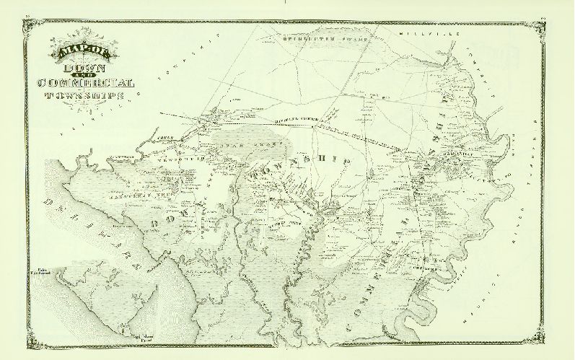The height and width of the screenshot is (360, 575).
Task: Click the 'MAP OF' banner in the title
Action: coord(83,53)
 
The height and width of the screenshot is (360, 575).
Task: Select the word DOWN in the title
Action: coord(84,68)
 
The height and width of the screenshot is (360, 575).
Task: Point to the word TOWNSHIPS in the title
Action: coord(85,95)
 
